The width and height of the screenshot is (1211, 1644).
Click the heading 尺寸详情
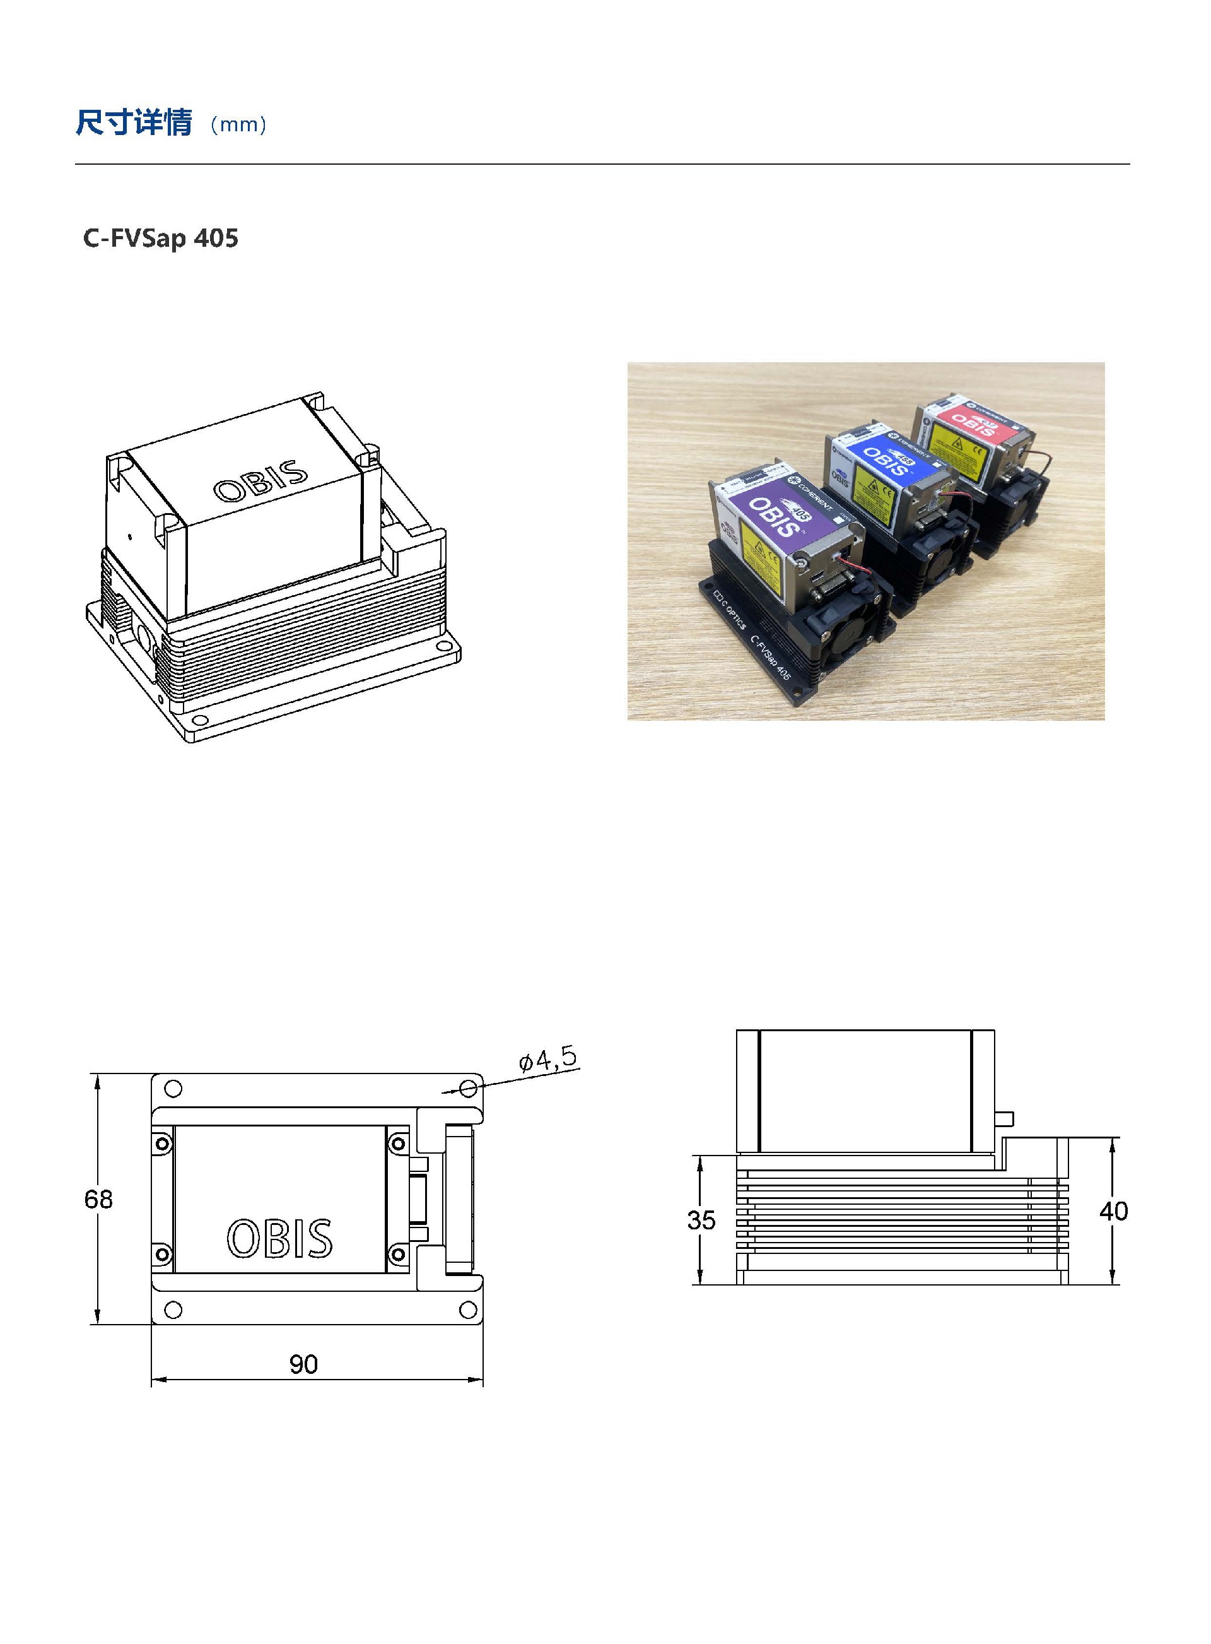134,122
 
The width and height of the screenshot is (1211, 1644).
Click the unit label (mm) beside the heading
238,125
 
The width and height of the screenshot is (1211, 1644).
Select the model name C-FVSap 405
161,239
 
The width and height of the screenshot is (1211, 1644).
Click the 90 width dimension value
303,1364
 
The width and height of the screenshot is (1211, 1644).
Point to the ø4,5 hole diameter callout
547,1060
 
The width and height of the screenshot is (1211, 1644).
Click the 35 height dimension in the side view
701,1220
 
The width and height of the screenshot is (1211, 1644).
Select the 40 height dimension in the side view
1113,1210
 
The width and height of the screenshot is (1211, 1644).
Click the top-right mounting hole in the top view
469,1087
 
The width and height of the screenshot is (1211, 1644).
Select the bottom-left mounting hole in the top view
173,1309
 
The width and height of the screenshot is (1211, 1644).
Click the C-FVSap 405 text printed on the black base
769,657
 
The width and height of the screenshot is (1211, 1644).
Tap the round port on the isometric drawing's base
144,637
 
